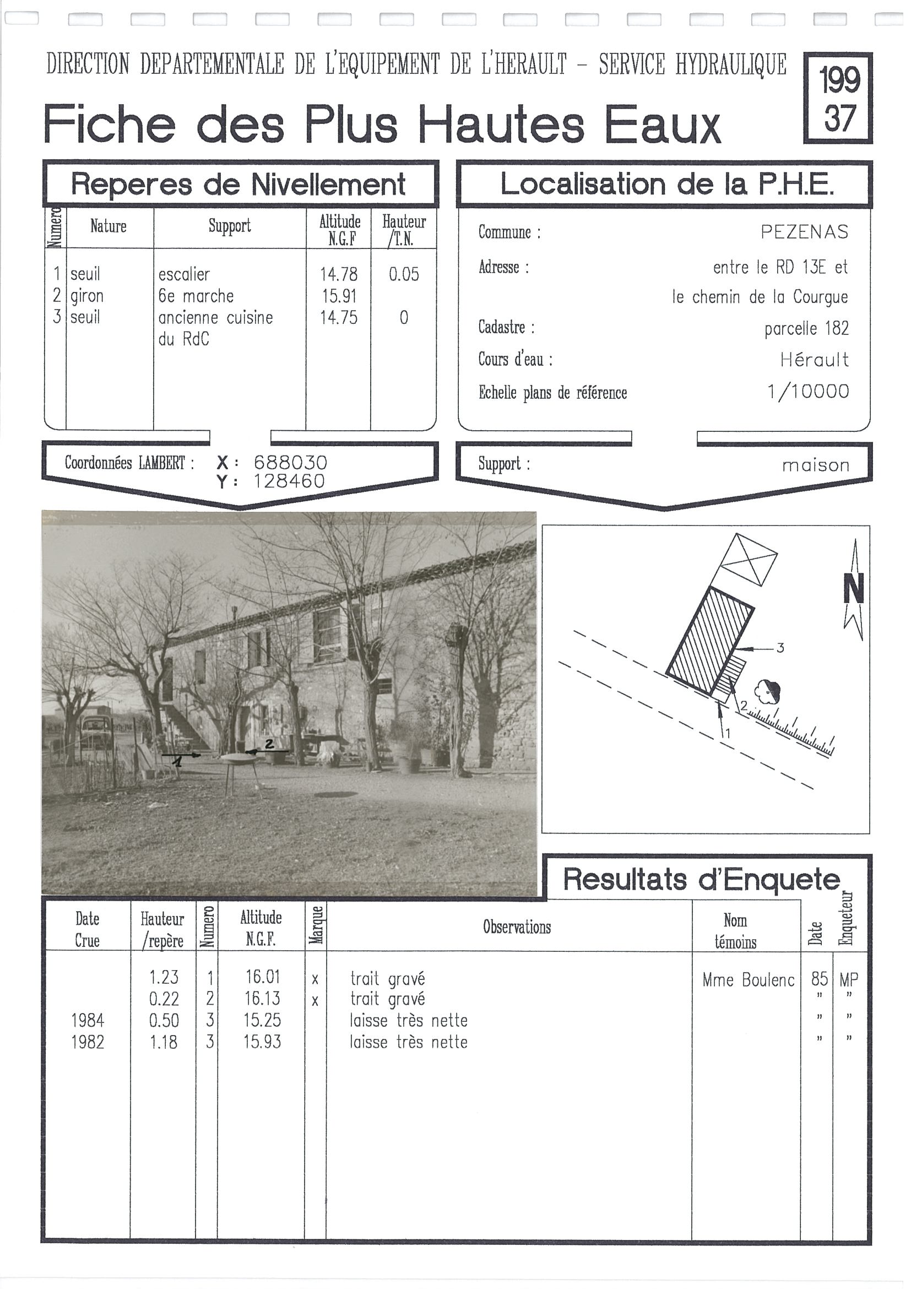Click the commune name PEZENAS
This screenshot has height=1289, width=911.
click(x=804, y=232)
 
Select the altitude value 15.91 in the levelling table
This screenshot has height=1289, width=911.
click(x=339, y=296)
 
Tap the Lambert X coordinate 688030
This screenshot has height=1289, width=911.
click(x=290, y=463)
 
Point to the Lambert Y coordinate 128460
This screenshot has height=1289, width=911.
click(x=289, y=481)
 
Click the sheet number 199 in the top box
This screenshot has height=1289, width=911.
click(x=839, y=80)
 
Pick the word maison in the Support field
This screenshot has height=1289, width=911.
click(x=815, y=465)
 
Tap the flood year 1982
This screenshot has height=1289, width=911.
click(x=88, y=1042)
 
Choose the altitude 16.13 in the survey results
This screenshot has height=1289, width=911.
click(x=262, y=999)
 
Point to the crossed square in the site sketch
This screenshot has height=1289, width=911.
click(x=748, y=560)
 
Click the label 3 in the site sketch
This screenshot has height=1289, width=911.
click(x=780, y=648)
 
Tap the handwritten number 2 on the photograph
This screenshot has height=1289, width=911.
click(x=269, y=744)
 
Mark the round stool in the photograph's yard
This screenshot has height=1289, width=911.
click(x=240, y=761)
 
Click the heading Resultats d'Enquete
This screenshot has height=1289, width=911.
click(x=701, y=879)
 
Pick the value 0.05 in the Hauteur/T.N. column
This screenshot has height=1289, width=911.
click(x=404, y=274)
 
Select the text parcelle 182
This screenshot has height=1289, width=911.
click(x=806, y=328)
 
